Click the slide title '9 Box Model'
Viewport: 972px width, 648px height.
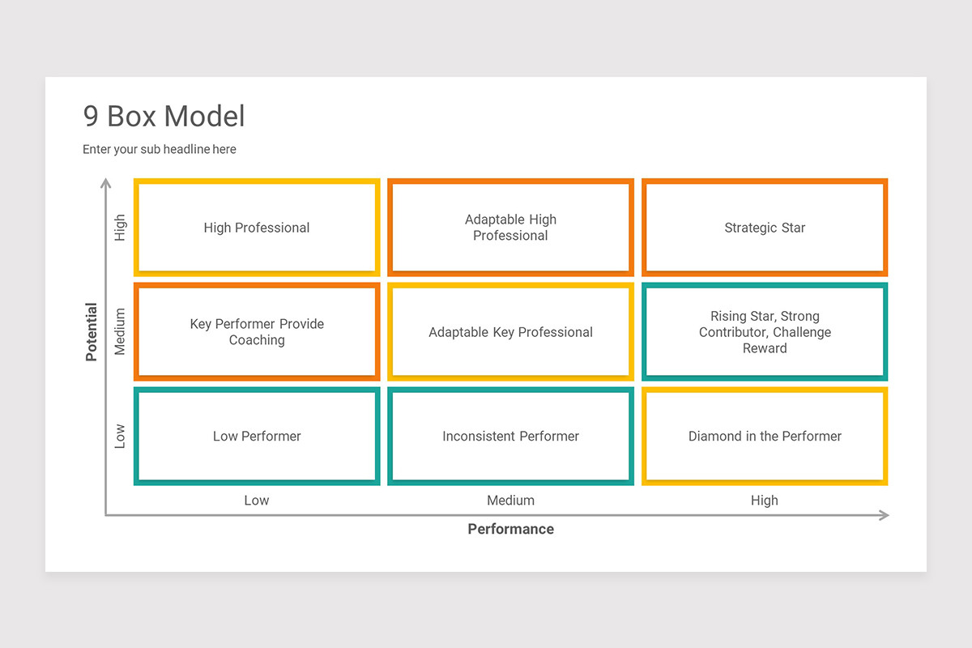pos(164,117)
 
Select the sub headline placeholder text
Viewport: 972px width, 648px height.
pos(160,149)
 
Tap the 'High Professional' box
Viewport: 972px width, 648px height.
pos(257,228)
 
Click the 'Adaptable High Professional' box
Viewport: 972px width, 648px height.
pos(510,228)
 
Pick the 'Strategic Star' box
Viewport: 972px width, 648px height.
pos(765,228)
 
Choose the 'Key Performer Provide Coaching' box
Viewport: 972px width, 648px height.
pos(257,332)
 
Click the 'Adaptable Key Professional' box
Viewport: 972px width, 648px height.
pos(510,332)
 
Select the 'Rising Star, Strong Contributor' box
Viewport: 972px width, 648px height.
pos(765,332)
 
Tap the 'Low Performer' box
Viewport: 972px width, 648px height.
pos(257,436)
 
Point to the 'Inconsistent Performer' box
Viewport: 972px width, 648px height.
pos(510,436)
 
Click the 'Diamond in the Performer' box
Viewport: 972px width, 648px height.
pos(765,436)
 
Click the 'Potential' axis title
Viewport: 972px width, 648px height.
pos(92,332)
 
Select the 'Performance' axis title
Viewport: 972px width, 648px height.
pos(510,529)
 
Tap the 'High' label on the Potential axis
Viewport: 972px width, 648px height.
pos(120,228)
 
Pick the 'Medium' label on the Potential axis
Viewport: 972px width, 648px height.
pos(120,332)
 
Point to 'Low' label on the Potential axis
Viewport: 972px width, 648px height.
pos(120,436)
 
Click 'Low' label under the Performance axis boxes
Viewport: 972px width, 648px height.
pos(257,501)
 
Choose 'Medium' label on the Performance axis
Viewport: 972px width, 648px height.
pos(510,501)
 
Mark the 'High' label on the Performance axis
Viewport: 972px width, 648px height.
pos(765,501)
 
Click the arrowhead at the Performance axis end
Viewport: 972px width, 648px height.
pos(885,515)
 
